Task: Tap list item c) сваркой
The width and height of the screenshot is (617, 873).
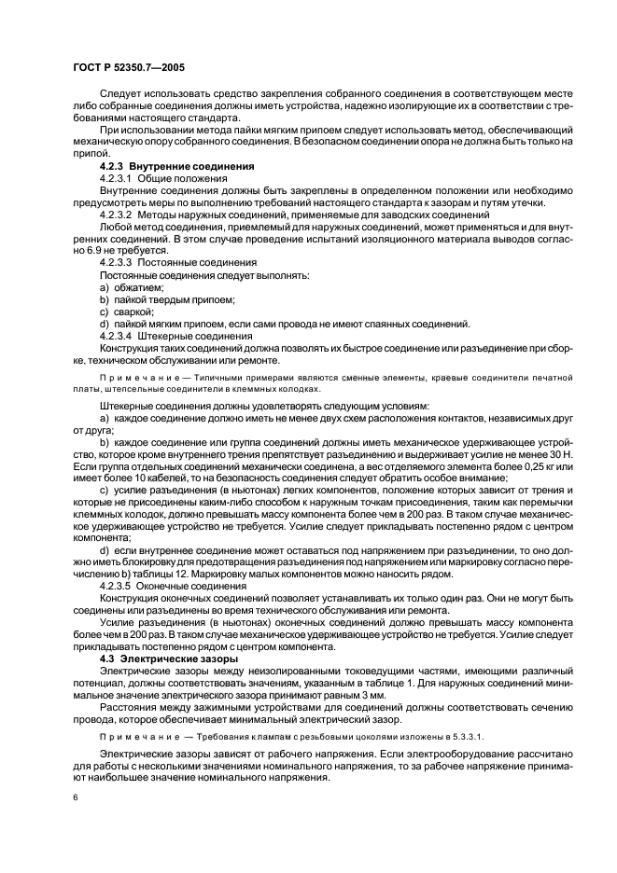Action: [x=126, y=312]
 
